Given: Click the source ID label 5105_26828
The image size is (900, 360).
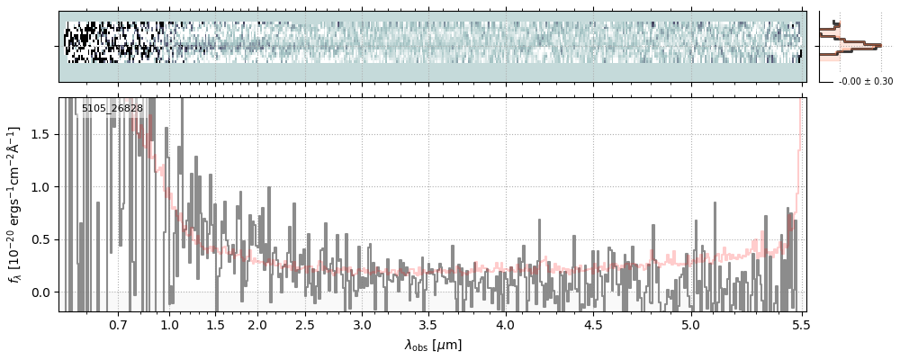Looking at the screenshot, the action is (112, 107).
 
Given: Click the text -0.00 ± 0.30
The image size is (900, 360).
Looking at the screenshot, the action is (866, 82).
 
